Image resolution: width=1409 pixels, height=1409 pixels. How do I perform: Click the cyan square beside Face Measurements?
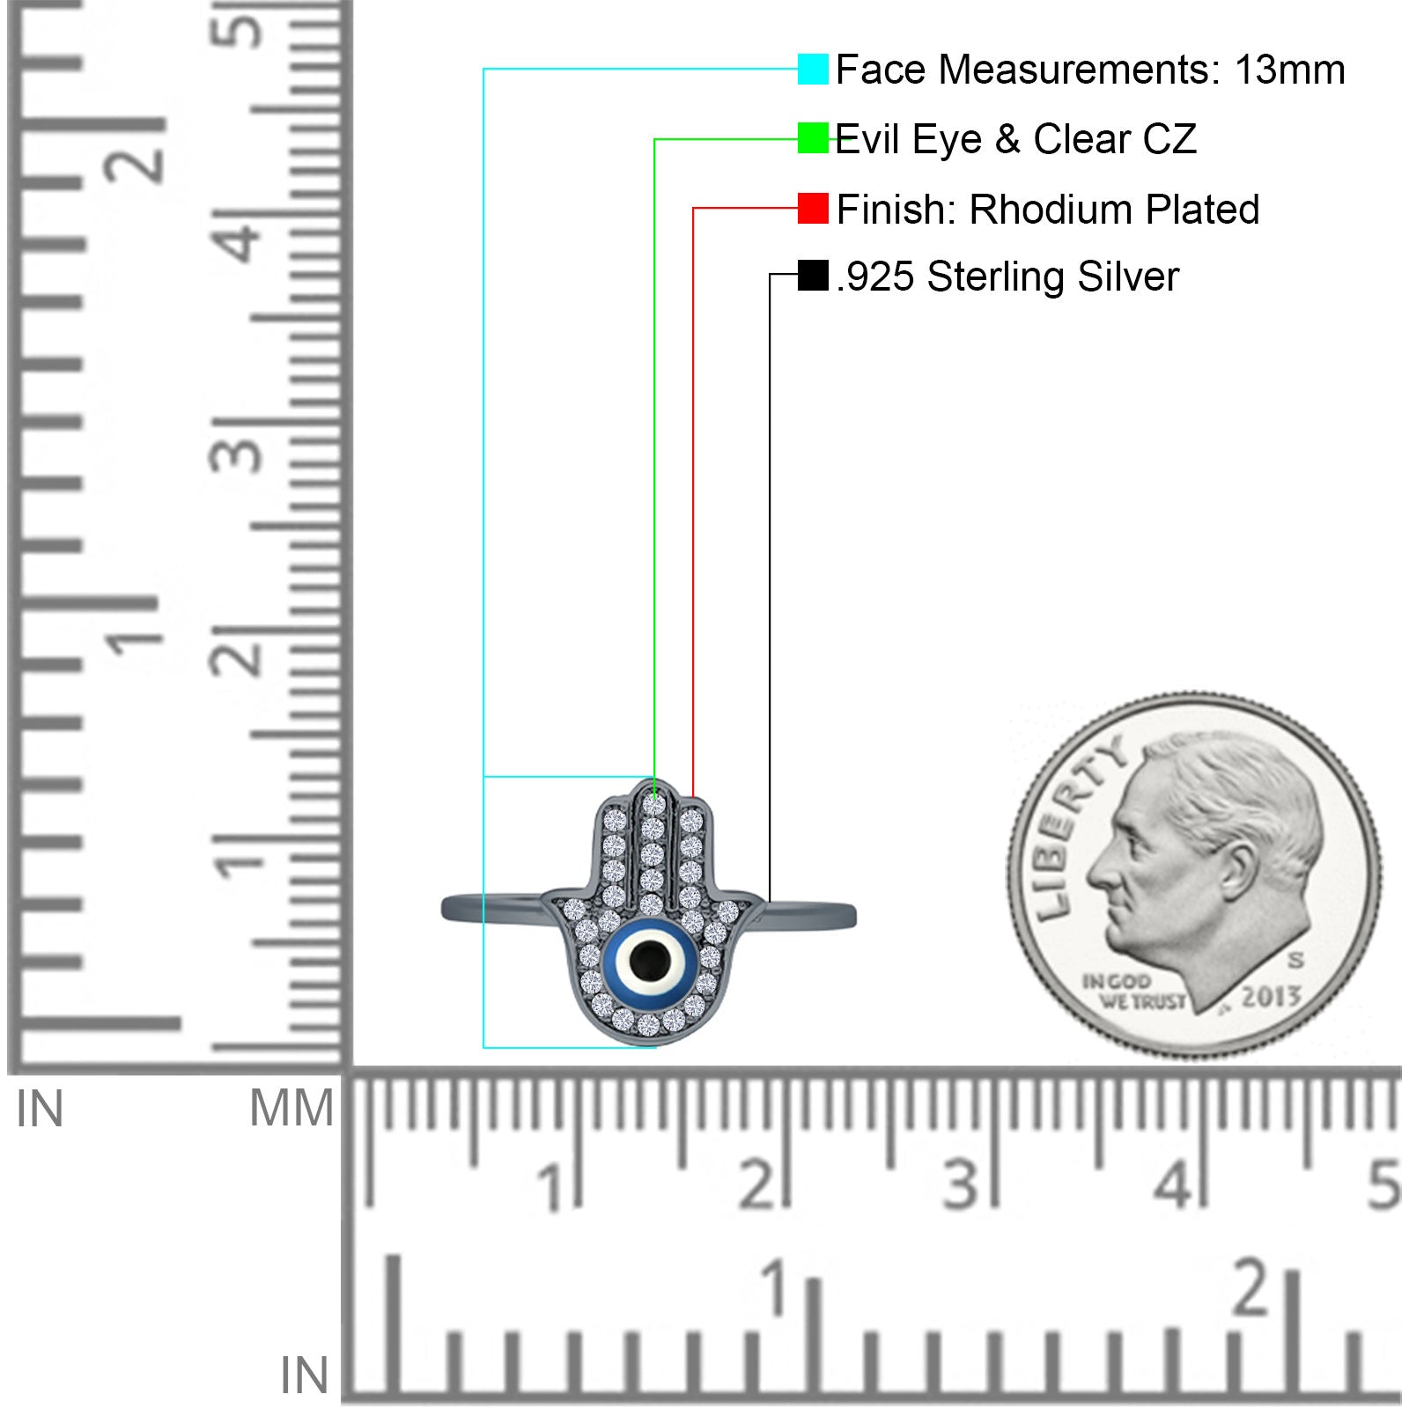[x=813, y=69]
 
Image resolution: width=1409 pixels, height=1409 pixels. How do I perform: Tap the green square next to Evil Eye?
[x=813, y=138]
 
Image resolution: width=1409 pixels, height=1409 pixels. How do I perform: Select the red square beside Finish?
[x=813, y=209]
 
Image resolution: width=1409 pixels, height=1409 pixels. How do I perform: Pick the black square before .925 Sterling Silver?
[x=813, y=275]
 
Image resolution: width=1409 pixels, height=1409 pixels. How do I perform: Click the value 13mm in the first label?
[x=1289, y=70]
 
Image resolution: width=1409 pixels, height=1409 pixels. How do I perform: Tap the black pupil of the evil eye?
[x=648, y=956]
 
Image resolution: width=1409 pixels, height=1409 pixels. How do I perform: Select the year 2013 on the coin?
[x=1271, y=995]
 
